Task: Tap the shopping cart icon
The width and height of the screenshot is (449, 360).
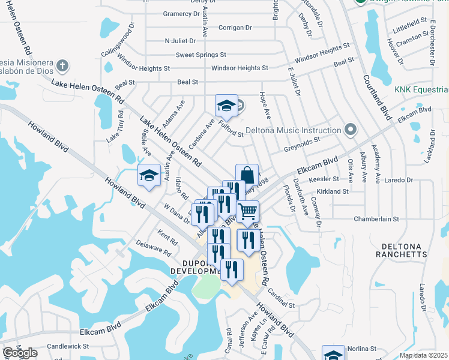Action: click(248, 211)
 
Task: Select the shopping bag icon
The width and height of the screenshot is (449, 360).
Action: click(247, 175)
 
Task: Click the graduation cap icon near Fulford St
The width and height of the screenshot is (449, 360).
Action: click(227, 106)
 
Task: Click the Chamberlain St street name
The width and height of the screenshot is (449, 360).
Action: click(376, 219)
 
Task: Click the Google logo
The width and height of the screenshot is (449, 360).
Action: click(20, 353)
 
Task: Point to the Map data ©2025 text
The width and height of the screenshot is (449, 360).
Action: click(423, 355)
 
